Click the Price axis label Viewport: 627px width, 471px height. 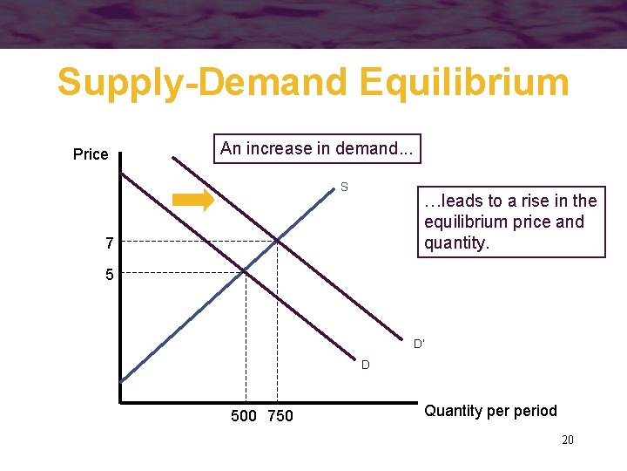[91, 154]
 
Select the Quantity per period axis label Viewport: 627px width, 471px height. [490, 411]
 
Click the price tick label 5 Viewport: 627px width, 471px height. [110, 275]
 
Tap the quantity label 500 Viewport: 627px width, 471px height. [244, 416]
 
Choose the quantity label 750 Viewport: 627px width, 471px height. [280, 416]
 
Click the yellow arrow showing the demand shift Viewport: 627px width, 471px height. [192, 200]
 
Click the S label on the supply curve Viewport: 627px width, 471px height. [345, 187]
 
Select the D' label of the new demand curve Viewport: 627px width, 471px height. [419, 344]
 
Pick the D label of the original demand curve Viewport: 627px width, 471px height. [366, 365]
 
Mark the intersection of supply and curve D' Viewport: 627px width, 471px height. [277, 240]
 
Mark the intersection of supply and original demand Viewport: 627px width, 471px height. [245, 271]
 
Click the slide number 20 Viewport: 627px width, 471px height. [567, 440]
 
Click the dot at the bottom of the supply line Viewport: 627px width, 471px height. [121, 381]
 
